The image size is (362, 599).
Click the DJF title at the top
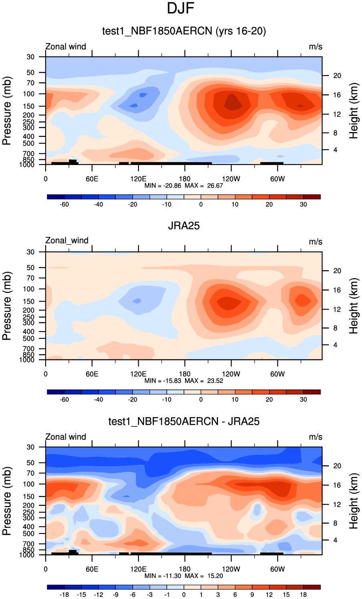pos(180,8)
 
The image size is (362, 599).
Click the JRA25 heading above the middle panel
pos(184,226)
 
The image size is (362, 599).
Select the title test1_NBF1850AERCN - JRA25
pos(184,421)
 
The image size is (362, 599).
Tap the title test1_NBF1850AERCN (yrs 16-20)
pos(184,31)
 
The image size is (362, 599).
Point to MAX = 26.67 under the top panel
pos(204,185)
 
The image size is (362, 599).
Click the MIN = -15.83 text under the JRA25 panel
pos(163,381)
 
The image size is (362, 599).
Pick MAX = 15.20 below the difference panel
pos(204,576)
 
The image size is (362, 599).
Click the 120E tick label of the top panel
pos(138,179)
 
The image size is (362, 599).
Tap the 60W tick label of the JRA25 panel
pos(277,374)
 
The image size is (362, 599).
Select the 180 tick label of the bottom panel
pos(184,569)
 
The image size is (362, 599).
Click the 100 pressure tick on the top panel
pos(30,94)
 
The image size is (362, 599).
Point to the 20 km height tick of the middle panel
pos(337,271)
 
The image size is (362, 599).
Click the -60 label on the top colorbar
pos(64,205)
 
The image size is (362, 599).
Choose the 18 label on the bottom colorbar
pos(303,595)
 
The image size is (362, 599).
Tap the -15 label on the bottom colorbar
pos(81,595)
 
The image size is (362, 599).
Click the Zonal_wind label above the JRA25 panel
pos(67,240)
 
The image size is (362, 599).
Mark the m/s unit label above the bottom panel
pos(315,437)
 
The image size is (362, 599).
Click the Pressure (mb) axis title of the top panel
pos(7,111)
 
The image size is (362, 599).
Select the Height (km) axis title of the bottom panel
pos(354,501)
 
